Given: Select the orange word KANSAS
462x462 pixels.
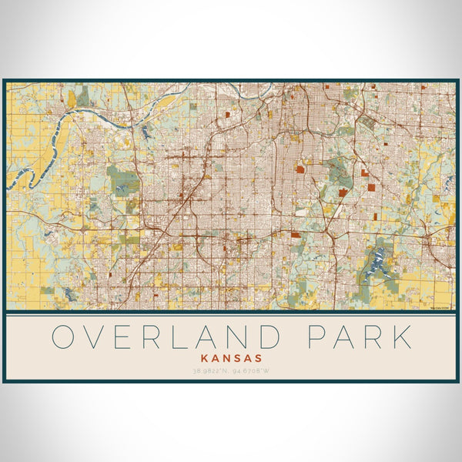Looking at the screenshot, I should [x=231, y=358].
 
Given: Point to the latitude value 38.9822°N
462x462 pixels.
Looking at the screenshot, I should [x=207, y=372].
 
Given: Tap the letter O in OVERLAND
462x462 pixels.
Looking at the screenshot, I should [x=65, y=337].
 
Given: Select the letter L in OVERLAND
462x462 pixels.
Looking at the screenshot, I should [x=182, y=337].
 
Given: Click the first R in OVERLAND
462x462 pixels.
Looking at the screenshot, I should [x=153, y=337].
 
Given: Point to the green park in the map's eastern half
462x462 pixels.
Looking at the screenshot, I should [x=340, y=170].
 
